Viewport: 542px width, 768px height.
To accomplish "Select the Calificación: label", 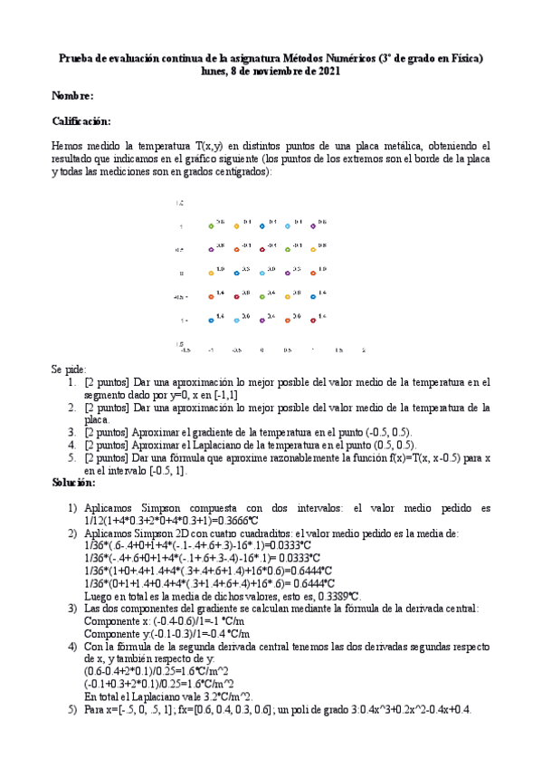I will click(x=81, y=121).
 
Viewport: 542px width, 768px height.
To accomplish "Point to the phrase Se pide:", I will click(x=70, y=370).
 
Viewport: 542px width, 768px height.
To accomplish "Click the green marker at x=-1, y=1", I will click(x=211, y=225).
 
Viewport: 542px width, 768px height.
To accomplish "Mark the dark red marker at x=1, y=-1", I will click(x=313, y=319).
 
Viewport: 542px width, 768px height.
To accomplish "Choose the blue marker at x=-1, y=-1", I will click(x=211, y=319).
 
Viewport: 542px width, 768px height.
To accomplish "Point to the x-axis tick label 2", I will click(x=363, y=349).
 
